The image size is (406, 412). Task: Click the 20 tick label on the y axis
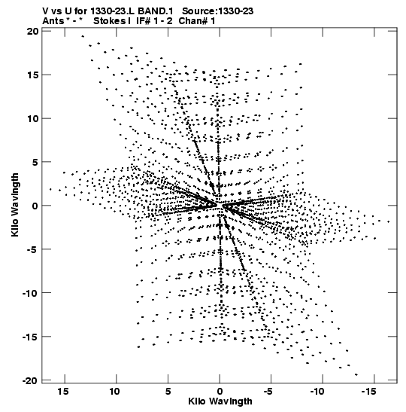pos(33,32)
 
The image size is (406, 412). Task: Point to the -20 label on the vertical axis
pos(30,380)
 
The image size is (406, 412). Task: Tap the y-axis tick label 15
pos(33,75)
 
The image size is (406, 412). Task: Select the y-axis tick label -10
pos(30,293)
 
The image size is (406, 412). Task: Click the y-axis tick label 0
pos(35,206)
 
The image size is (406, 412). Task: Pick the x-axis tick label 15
pos(63,392)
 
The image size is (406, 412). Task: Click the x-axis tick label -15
pos(368,392)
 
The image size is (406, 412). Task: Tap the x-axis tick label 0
pos(220,392)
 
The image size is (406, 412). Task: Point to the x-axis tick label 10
pos(114,392)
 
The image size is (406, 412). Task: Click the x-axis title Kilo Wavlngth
pos(220,401)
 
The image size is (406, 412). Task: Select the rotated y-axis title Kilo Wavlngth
pos(15,205)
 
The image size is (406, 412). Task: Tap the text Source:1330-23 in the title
pos(218,11)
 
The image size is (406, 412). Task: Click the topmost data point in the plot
pos(83,36)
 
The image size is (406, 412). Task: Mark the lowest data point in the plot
pos(356,374)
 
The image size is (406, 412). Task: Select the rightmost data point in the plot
pos(389,221)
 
